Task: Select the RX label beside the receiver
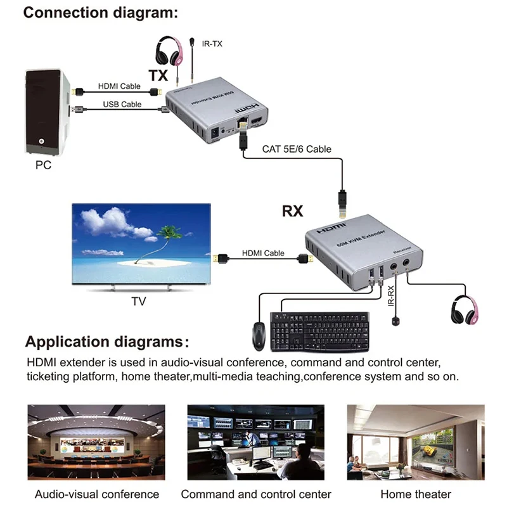click(292, 211)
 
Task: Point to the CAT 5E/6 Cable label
click(296, 150)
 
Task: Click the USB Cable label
click(119, 104)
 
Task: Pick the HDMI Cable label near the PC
click(119, 86)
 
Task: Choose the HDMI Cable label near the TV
click(263, 253)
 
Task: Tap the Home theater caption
click(416, 494)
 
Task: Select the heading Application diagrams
click(106, 342)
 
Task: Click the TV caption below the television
click(138, 302)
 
